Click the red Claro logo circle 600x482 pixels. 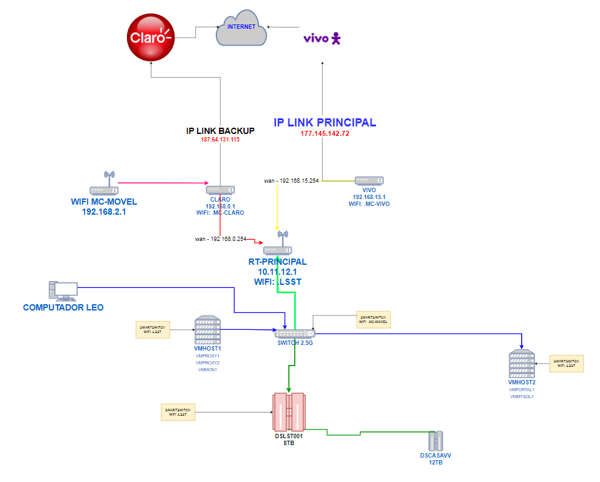(150, 36)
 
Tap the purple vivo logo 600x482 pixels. (322, 39)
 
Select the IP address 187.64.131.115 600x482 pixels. (220, 140)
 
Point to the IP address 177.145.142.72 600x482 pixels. (325, 134)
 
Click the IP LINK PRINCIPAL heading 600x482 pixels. (325, 123)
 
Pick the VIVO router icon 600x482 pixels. (369, 181)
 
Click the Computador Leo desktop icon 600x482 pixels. (63, 291)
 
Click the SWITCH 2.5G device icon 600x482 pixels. (295, 333)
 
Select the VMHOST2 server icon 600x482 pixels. (521, 365)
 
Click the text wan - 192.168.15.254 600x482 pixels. (292, 181)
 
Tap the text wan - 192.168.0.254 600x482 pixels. (220, 239)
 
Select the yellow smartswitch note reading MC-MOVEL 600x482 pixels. (373, 319)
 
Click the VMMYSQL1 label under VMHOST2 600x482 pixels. (521, 396)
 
